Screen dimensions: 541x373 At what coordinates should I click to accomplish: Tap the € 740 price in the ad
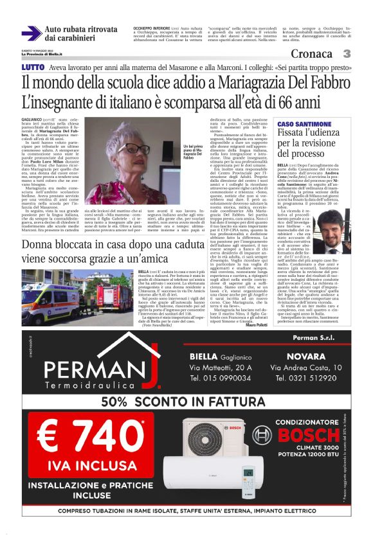87,439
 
